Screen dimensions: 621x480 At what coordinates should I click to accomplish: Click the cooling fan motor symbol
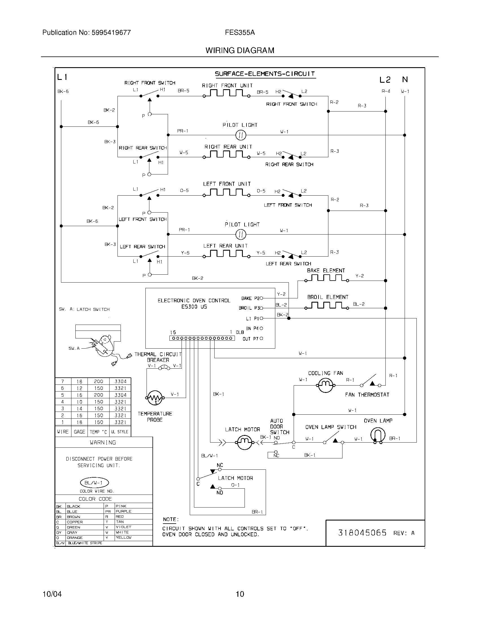[326, 385]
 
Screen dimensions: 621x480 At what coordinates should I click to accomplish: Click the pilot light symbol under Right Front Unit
[241, 135]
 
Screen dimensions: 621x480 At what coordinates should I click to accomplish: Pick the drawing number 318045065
[362, 533]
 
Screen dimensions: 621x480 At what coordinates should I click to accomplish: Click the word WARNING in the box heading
[103, 442]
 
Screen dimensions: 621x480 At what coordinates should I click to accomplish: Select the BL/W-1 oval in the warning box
[95, 482]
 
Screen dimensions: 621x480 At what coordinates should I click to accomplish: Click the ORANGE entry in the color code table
[75, 538]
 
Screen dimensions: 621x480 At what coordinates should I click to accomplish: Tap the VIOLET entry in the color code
[124, 527]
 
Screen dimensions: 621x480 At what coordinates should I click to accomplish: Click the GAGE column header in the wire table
[79, 432]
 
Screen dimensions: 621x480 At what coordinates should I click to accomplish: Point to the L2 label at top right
[385, 80]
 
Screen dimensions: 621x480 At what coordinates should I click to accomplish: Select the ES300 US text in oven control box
[194, 307]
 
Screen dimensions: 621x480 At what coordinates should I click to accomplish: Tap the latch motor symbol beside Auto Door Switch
[244, 442]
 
